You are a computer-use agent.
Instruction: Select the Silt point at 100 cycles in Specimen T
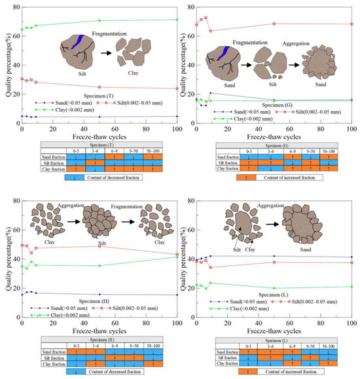(x=177, y=88)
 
